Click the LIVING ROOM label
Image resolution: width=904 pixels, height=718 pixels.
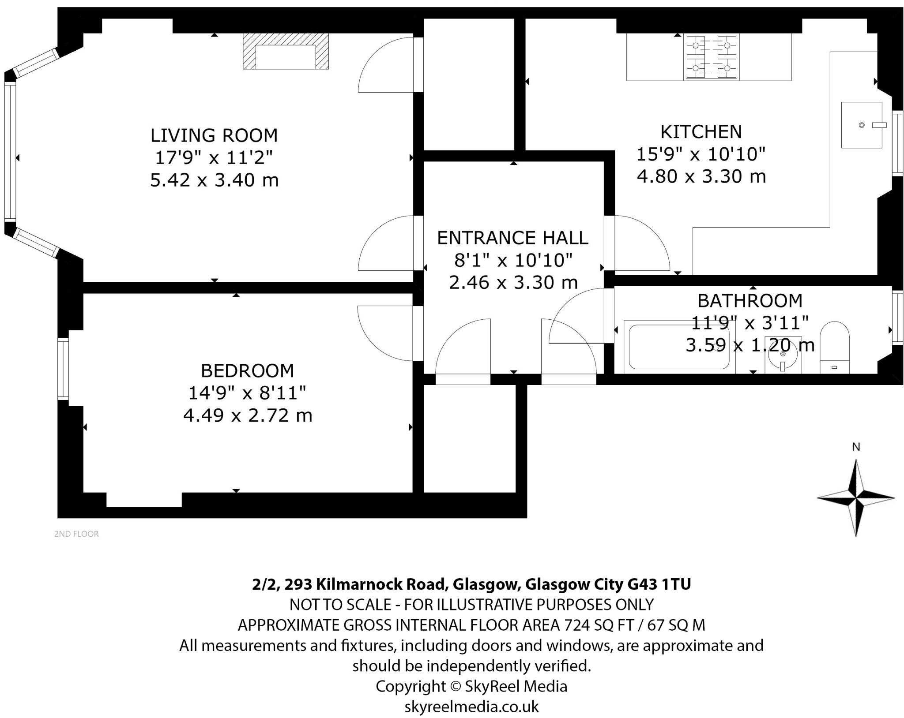click(214, 135)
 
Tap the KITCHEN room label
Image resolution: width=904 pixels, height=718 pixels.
click(701, 132)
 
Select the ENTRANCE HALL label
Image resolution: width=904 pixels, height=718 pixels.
click(512, 238)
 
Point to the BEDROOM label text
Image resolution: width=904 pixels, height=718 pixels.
click(247, 371)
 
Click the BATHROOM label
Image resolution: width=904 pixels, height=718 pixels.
click(750, 301)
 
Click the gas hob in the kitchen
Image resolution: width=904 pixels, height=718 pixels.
click(712, 57)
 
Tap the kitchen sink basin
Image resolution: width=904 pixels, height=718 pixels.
click(862, 125)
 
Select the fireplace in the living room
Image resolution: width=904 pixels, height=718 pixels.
click(286, 51)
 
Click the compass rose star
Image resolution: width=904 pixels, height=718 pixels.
click(856, 498)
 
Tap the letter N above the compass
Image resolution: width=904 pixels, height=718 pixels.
click(856, 447)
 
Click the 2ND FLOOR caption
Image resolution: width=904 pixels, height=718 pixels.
click(76, 534)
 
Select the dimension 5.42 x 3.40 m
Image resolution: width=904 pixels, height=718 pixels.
click(215, 180)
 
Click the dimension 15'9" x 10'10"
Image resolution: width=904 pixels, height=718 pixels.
click(701, 154)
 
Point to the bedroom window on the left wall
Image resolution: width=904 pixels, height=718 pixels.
click(64, 369)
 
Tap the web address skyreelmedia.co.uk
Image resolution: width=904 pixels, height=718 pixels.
click(471, 707)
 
